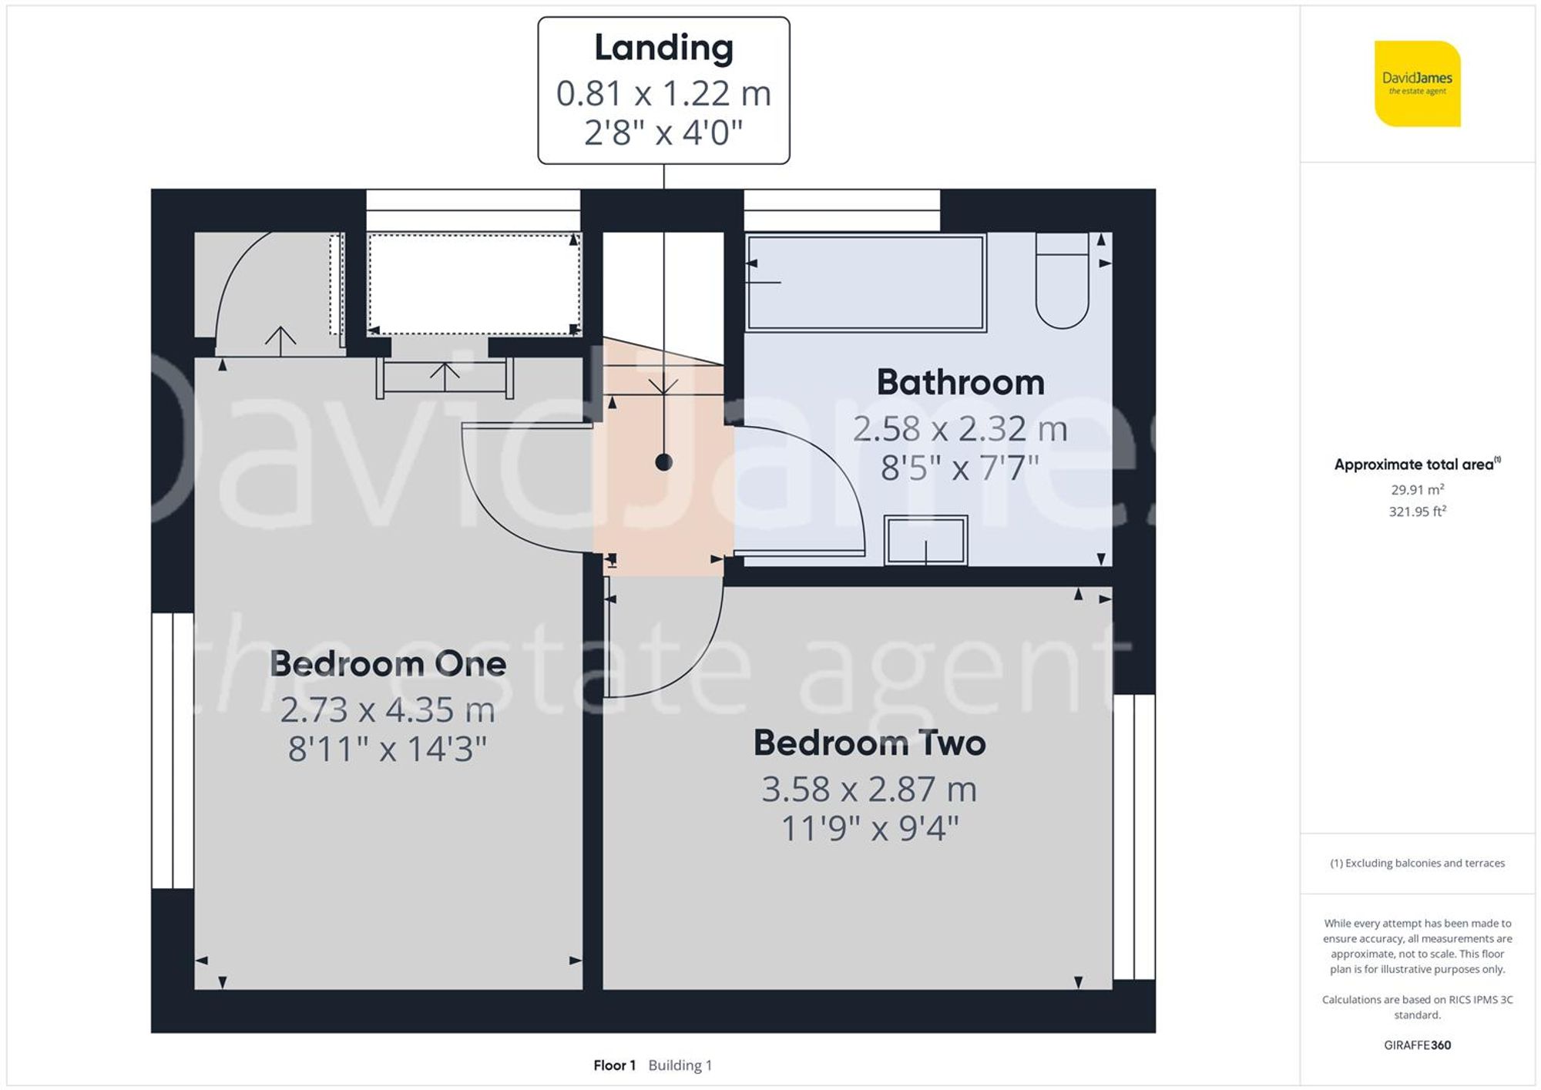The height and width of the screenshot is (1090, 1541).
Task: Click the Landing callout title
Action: pyautogui.click(x=663, y=49)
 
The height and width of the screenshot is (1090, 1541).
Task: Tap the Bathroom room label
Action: pyautogui.click(x=960, y=383)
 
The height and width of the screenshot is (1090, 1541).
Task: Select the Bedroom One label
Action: pyautogui.click(x=388, y=664)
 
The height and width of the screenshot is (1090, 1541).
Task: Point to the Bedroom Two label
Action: pyautogui.click(x=869, y=743)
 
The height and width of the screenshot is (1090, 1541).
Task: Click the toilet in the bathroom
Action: pyautogui.click(x=1062, y=282)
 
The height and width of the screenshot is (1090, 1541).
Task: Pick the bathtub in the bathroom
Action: pyautogui.click(x=866, y=283)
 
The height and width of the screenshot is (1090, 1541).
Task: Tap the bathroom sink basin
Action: pyautogui.click(x=925, y=540)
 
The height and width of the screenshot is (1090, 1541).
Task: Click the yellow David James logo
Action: pyautogui.click(x=1417, y=83)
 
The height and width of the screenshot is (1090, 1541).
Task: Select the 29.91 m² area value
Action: pyautogui.click(x=1417, y=489)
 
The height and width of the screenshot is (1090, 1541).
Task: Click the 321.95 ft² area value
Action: pyautogui.click(x=1417, y=511)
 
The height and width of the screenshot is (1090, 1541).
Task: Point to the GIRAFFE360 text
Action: pyautogui.click(x=1417, y=1045)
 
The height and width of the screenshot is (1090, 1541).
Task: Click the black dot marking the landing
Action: pyautogui.click(x=663, y=462)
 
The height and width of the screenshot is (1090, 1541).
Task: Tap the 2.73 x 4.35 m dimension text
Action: pyautogui.click(x=387, y=710)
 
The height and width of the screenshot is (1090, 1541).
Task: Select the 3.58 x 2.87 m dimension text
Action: pyautogui.click(x=869, y=790)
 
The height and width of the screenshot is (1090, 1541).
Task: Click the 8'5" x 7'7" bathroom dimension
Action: pyautogui.click(x=960, y=468)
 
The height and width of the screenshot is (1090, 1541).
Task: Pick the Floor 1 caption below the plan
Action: pyautogui.click(x=614, y=1065)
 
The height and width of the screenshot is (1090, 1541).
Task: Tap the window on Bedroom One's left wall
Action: pyautogui.click(x=173, y=751)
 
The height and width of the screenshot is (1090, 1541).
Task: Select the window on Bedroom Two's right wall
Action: pyautogui.click(x=1133, y=837)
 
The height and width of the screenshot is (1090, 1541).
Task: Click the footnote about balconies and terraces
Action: pyautogui.click(x=1417, y=864)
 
